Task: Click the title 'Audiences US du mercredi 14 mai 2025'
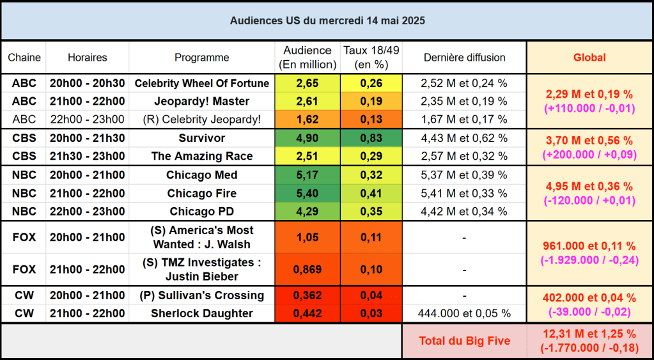(327, 20)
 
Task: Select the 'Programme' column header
(201, 58)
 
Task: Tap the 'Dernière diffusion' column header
(464, 58)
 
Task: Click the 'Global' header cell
(589, 58)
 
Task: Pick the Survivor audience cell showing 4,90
(308, 138)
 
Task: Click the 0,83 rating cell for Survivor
(371, 138)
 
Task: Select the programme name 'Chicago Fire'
(201, 193)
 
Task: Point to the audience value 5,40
(308, 193)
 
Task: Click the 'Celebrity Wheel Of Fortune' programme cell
(201, 83)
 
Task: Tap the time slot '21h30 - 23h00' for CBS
(87, 156)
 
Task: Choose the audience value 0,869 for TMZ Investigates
(308, 269)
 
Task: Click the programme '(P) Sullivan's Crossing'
(201, 295)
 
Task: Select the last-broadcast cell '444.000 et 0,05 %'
(464, 313)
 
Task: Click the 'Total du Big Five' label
(464, 341)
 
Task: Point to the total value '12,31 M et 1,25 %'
(589, 334)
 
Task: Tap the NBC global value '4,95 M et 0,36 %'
(589, 186)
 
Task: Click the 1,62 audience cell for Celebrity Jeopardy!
(308, 119)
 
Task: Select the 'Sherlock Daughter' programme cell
(201, 313)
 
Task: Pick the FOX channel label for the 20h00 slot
(24, 237)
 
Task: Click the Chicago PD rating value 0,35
(371, 211)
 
